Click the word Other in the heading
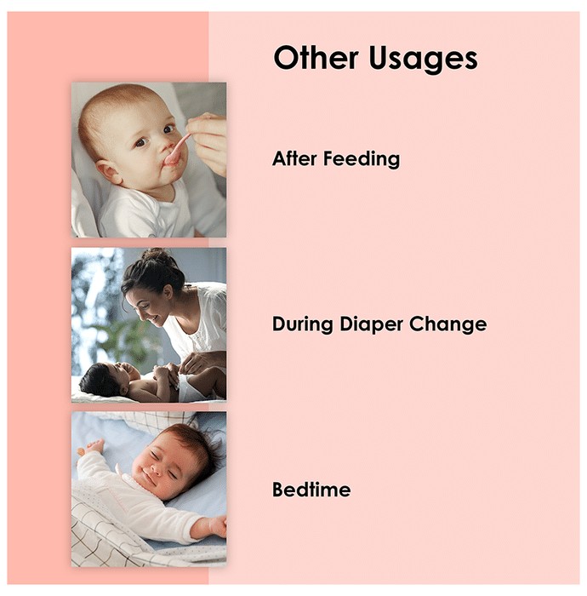pyautogui.click(x=316, y=58)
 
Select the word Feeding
pyautogui.click(x=362, y=160)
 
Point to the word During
pyautogui.click(x=303, y=324)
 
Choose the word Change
pyautogui.click(x=447, y=324)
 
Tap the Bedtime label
pyautogui.click(x=311, y=490)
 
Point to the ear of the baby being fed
pyautogui.click(x=108, y=172)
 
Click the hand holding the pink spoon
pyautogui.click(x=208, y=141)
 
